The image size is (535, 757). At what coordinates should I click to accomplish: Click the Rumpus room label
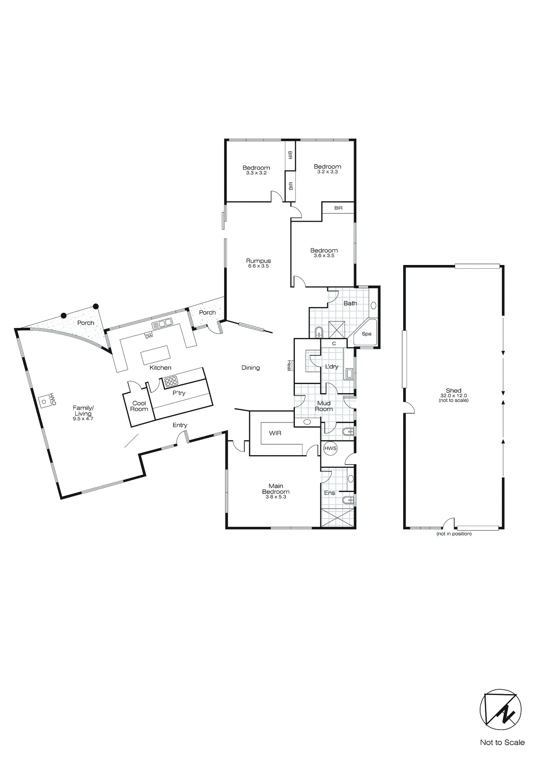tap(259, 261)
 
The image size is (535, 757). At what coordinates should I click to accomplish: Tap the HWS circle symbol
tap(330, 448)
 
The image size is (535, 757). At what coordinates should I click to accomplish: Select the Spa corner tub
tap(367, 333)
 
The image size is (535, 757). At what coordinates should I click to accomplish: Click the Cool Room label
tap(139, 406)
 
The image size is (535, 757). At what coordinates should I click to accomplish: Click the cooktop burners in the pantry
tap(171, 381)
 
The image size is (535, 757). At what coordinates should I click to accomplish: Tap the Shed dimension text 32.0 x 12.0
tap(453, 396)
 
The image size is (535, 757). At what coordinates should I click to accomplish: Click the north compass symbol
tap(500, 710)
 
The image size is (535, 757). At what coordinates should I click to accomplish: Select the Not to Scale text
tap(502, 742)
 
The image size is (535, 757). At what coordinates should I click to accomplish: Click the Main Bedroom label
tap(276, 489)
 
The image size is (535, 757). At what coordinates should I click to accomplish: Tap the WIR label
tap(275, 433)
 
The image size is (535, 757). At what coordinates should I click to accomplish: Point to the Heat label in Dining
tap(289, 365)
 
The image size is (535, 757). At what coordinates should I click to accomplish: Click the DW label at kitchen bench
tap(149, 336)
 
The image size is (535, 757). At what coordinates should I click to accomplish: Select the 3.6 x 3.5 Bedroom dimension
tap(324, 255)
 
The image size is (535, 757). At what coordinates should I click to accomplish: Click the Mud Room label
tap(324, 406)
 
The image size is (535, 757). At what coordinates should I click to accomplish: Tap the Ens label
tap(329, 493)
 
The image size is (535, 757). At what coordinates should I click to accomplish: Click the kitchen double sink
tap(162, 324)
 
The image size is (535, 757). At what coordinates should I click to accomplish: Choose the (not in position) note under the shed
tap(454, 534)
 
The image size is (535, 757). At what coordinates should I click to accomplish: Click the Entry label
tap(180, 425)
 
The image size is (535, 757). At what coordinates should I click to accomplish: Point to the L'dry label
tap(332, 366)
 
